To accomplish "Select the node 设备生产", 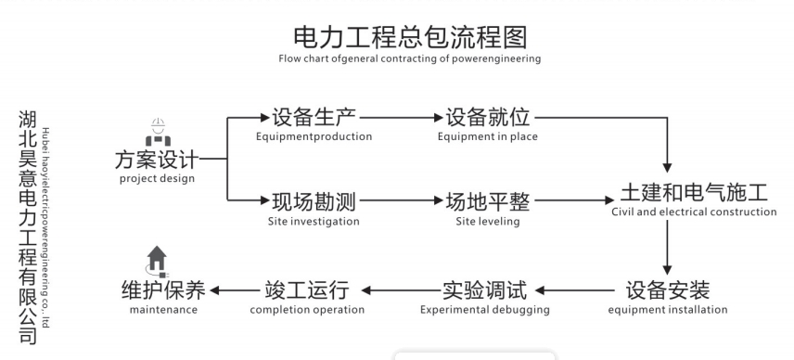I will pos(314,118).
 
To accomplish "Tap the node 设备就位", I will pos(487,118).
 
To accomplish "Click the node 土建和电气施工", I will pos(694,194).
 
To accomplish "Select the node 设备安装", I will pos(667,289).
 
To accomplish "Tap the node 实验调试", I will pos(484,289).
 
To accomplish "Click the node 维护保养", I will pos(164,289).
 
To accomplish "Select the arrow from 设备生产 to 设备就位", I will pos(400,118).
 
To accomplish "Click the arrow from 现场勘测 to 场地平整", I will pos(400,200).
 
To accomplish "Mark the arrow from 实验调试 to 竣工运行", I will pos(400,289).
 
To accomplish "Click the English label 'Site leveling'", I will pos(487,222).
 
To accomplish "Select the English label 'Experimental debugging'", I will pos(484,310).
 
